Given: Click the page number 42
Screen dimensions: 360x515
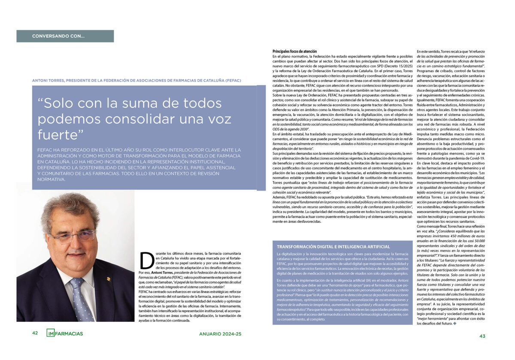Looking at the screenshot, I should click(35, 333).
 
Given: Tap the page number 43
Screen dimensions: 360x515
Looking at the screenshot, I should click(482, 336).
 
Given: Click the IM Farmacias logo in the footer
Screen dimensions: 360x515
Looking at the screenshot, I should click(65, 333).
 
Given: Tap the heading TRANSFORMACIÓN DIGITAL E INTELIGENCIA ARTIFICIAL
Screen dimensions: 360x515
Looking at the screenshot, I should click(333, 247).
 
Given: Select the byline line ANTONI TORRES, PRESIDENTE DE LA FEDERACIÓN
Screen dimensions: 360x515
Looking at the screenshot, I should click(136, 80).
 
